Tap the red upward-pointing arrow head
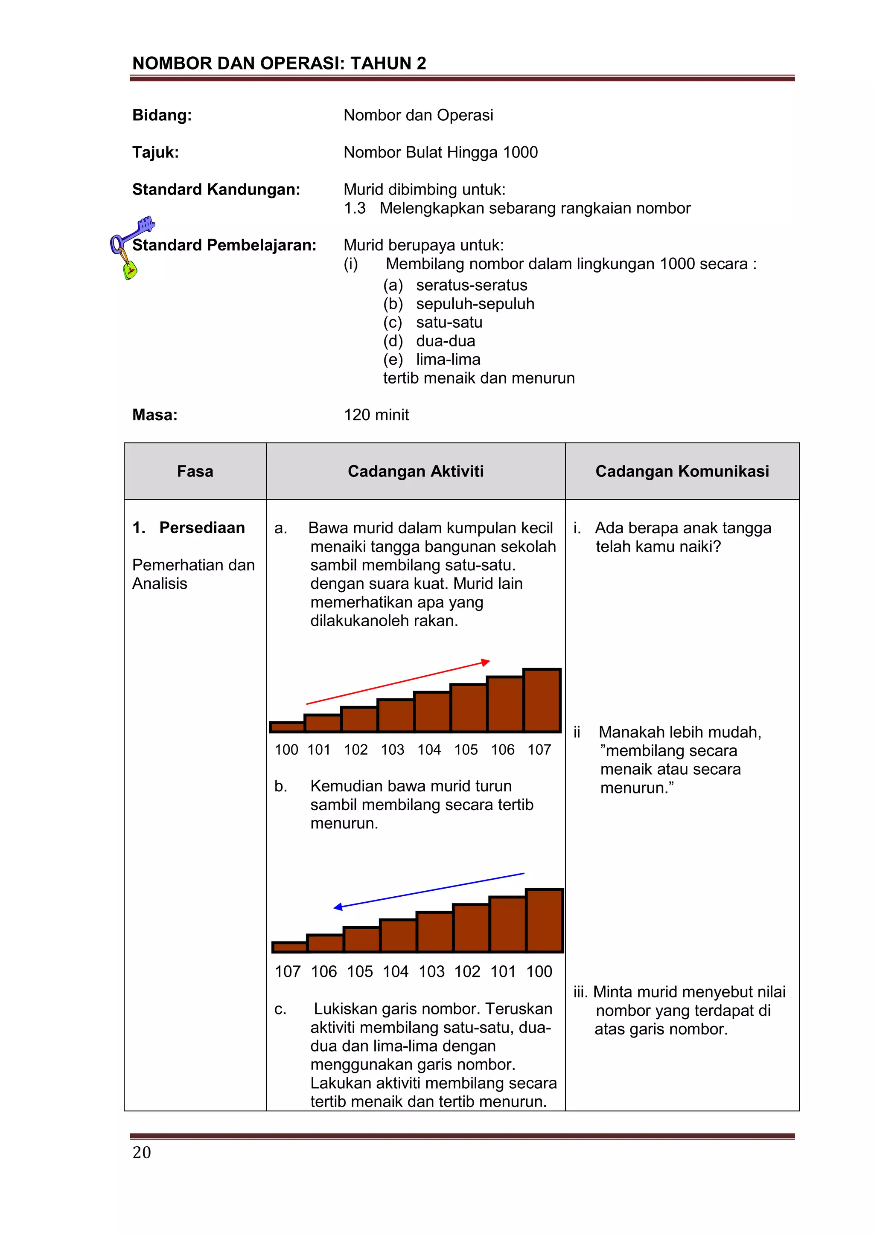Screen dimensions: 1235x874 (x=485, y=662)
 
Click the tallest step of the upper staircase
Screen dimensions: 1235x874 (x=542, y=700)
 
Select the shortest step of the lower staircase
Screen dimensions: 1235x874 (x=289, y=947)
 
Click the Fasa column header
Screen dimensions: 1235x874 (x=195, y=472)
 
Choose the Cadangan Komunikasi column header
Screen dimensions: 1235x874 (x=682, y=472)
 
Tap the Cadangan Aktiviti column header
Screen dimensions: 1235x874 (x=416, y=472)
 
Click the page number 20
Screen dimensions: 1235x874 (x=142, y=1152)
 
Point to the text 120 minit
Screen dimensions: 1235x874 (x=376, y=415)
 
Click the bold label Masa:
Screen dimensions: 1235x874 (x=155, y=415)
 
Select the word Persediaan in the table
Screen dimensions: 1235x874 (x=202, y=528)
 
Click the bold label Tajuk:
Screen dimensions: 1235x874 (x=155, y=152)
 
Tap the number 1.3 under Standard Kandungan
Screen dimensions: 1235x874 (x=355, y=208)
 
